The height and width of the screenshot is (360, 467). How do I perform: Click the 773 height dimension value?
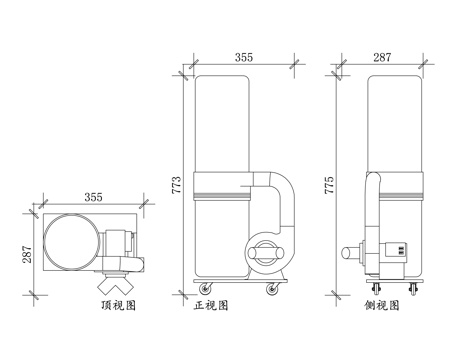(x=176, y=185)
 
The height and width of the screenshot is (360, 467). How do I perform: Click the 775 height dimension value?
(x=329, y=185)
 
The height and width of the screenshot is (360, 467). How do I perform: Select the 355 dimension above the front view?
(x=244, y=57)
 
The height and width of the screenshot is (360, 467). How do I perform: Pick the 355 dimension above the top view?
(x=93, y=197)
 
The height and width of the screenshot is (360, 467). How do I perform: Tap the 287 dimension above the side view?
(x=382, y=57)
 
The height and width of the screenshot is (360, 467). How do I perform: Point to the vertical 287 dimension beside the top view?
(x=27, y=254)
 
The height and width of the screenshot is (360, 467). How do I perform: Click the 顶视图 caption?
(x=118, y=305)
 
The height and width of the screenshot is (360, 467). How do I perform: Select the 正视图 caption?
(x=211, y=305)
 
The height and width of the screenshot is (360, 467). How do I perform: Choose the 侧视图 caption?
(x=382, y=305)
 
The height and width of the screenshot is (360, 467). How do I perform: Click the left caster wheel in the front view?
(x=206, y=289)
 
